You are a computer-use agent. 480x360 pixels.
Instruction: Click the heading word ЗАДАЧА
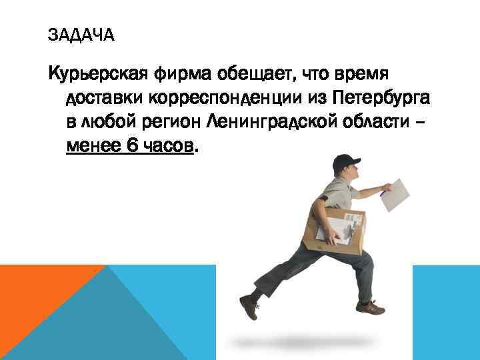[81, 35]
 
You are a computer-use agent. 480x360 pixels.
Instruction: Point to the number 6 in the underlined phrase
[130, 145]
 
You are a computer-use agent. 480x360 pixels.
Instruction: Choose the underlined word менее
[93, 145]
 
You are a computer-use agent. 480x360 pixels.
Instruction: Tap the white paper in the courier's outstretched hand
[401, 194]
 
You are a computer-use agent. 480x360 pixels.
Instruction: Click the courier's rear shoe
[249, 306]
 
